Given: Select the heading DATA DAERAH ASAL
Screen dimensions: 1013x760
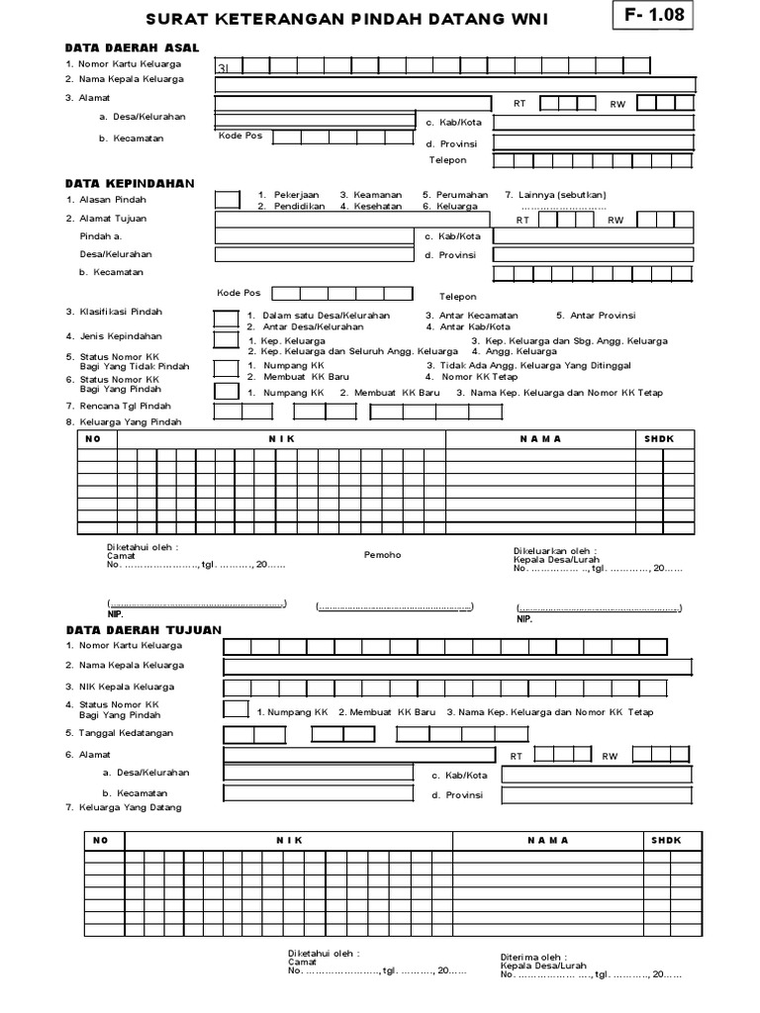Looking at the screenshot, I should [133, 47].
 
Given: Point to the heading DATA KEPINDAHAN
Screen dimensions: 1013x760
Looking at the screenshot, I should [130, 183].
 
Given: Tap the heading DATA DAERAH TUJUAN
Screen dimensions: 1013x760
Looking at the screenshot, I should [143, 629].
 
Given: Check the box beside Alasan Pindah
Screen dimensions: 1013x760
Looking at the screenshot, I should [227, 200].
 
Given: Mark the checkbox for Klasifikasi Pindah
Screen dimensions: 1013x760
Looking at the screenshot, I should [226, 319].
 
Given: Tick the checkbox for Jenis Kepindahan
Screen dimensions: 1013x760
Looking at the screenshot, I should [226, 340].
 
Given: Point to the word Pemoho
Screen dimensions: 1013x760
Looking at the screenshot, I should [383, 555].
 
